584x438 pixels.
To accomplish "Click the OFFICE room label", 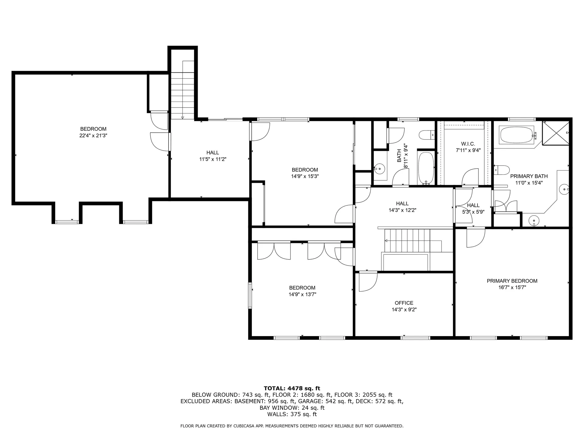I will click(404, 303).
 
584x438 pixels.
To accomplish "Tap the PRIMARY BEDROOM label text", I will click(512, 281).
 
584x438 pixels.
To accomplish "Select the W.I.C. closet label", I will click(468, 144).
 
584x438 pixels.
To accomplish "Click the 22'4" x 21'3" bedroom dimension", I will click(93, 136).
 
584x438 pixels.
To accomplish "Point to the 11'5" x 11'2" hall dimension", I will click(213, 159).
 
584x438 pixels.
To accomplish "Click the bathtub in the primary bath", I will click(516, 135).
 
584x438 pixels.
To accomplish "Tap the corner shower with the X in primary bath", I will click(555, 133).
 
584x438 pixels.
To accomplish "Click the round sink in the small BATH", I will click(379, 168).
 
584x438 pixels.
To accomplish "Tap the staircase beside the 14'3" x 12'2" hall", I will click(408, 240).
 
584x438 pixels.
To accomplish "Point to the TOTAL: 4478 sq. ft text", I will click(292, 388).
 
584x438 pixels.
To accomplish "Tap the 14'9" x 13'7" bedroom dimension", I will click(302, 294).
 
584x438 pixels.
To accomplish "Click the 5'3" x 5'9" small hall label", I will click(473, 212).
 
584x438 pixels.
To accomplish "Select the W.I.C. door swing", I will click(469, 178).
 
